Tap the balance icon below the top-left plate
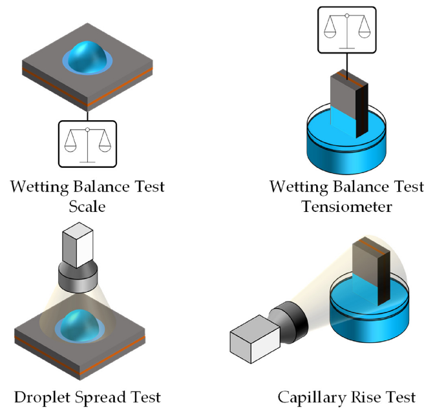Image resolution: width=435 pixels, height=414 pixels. click(87, 143)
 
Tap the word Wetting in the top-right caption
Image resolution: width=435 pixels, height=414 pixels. click(297, 187)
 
